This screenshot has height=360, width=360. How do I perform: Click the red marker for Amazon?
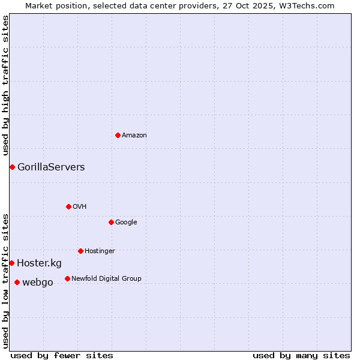[x=118, y=135]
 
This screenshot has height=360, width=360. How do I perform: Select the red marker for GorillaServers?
[x=12, y=167]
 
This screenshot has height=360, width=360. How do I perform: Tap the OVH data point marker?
[x=68, y=206]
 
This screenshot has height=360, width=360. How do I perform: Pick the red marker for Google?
[x=111, y=222]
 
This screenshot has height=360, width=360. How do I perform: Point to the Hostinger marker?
[x=80, y=251]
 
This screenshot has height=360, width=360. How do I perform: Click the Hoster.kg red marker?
[x=11, y=263]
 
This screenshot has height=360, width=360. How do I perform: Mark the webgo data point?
[x=17, y=282]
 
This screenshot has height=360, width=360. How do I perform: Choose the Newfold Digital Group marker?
[x=67, y=278]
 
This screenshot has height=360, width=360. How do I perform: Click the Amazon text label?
[x=134, y=136]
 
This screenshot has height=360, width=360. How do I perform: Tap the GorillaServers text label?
[x=51, y=167]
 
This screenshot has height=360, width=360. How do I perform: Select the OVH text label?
[x=80, y=207]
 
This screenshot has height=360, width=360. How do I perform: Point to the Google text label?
[x=126, y=223]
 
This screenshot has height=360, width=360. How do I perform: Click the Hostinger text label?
[x=100, y=251]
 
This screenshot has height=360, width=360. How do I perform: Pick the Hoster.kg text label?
[x=39, y=263]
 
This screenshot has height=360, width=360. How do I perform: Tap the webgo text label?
[x=37, y=283]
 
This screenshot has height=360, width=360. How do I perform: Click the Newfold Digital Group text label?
[x=106, y=279]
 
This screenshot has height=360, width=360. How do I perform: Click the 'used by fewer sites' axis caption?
[x=62, y=355]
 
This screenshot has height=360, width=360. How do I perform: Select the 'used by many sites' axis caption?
[x=301, y=355]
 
